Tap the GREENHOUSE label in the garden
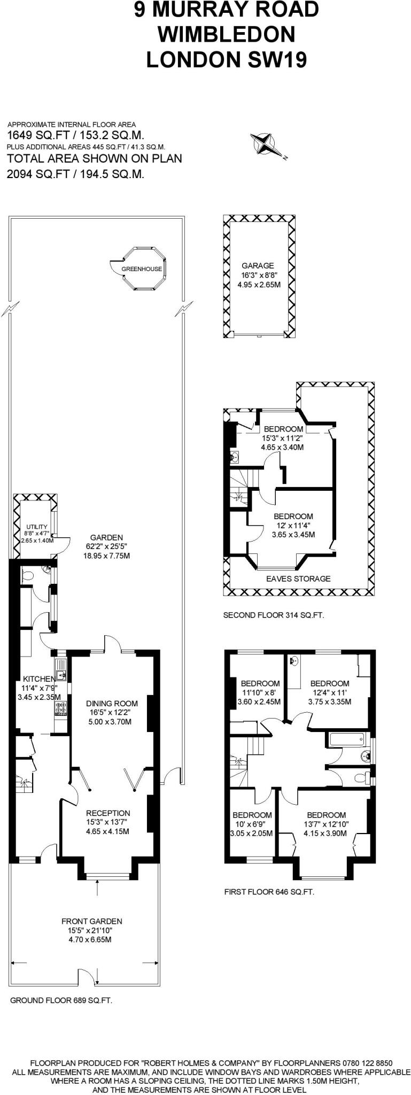click(x=142, y=269)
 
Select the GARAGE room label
click(x=258, y=265)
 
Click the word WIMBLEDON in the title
click(x=226, y=35)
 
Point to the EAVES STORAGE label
click(x=298, y=579)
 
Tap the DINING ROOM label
click(x=112, y=704)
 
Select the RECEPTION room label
click(x=108, y=813)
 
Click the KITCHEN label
click(x=38, y=679)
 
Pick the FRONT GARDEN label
click(x=91, y=921)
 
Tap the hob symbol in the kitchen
click(x=60, y=708)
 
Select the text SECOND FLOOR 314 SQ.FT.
click(x=273, y=615)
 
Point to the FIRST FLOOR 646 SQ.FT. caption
click(x=269, y=892)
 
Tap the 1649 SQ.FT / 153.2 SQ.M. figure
click(x=75, y=135)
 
